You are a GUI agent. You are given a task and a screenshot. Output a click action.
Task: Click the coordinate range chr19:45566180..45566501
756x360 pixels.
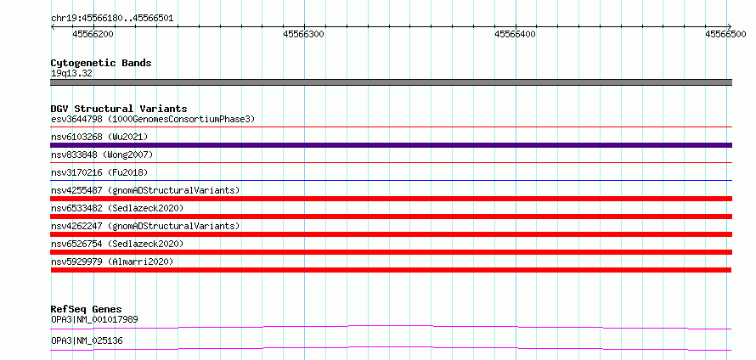(112, 19)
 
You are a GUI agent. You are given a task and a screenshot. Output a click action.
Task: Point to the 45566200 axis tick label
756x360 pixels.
(93, 34)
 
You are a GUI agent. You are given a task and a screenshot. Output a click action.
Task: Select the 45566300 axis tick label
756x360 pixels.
(304, 34)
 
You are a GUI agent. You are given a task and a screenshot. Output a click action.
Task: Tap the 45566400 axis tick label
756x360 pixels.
(516, 34)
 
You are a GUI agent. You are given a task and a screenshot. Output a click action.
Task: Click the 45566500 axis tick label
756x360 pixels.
(725, 34)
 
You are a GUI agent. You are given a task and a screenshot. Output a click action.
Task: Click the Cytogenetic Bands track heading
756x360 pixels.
(101, 63)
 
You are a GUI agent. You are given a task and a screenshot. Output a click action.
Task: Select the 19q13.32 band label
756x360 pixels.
(72, 74)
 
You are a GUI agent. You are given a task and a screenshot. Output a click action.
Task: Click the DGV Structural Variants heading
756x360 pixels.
(119, 109)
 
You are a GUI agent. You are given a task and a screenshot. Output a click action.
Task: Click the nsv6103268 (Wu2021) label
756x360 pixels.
(99, 137)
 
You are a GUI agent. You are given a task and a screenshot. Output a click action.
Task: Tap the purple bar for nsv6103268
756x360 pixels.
(392, 145)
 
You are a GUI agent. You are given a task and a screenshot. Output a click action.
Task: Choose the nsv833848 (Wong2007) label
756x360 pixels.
(102, 155)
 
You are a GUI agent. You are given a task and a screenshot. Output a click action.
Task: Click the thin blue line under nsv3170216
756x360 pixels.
(392, 180)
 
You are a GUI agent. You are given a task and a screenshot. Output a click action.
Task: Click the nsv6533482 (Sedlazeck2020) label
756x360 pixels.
(117, 208)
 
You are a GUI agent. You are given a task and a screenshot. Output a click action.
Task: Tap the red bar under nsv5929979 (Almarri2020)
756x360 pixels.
(391, 270)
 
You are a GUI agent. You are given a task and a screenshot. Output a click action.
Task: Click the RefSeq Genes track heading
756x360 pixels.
(87, 309)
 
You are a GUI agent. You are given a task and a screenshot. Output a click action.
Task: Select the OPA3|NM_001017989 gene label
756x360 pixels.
(95, 319)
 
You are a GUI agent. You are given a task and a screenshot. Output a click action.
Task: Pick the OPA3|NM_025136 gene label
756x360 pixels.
(87, 341)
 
